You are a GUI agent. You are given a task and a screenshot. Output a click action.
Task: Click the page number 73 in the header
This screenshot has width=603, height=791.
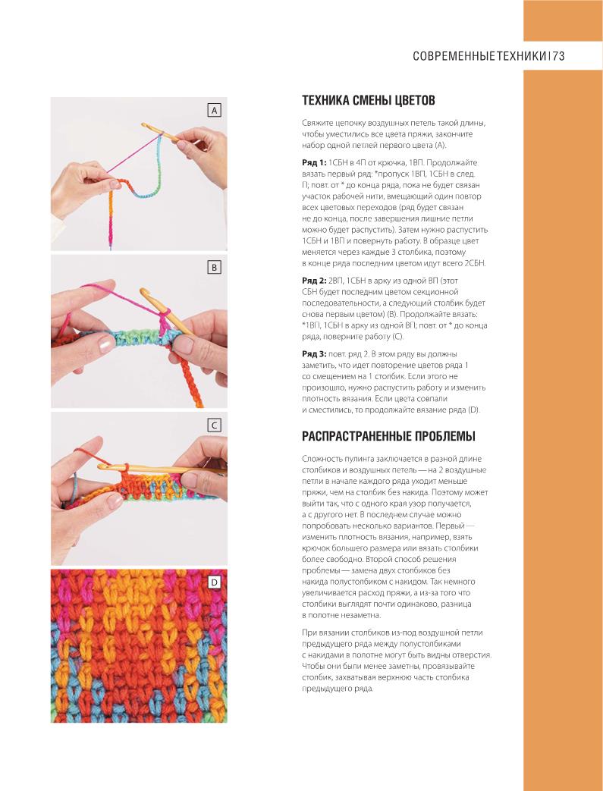click(x=559, y=56)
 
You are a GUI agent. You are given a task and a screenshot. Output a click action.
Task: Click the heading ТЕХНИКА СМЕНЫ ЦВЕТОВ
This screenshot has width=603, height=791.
click(x=369, y=101)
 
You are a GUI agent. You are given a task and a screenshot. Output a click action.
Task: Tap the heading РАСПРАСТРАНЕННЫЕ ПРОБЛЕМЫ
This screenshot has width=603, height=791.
click(x=388, y=436)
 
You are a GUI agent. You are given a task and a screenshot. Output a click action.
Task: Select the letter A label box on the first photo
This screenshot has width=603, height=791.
click(x=214, y=111)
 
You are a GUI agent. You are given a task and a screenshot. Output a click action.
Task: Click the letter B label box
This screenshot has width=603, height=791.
click(x=214, y=268)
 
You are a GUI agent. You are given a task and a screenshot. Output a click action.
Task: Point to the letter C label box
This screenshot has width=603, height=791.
click(x=214, y=425)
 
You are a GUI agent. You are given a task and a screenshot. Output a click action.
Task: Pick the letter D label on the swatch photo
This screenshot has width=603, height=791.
click(x=214, y=582)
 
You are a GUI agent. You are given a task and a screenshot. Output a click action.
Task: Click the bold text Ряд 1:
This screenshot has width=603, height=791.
click(x=315, y=163)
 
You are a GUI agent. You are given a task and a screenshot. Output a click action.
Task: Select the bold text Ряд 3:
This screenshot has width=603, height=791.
click(x=315, y=354)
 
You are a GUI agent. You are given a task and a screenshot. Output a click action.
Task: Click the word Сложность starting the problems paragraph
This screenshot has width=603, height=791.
click(x=323, y=459)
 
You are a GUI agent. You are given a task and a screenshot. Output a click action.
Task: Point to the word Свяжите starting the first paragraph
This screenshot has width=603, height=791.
click(x=319, y=123)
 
